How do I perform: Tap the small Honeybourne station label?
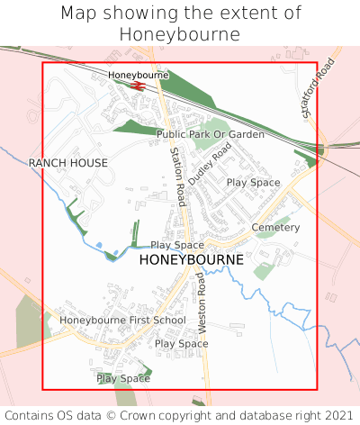pos(139,75)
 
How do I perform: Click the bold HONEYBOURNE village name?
pos(192,259)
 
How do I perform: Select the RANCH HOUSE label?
pos(68,163)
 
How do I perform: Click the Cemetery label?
pos(275,228)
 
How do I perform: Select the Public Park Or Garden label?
pos(211,134)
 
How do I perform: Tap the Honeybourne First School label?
pos(122,320)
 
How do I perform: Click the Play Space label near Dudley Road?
pos(253,182)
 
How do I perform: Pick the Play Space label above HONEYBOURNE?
pos(177,245)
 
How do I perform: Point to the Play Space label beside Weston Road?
pos(181,343)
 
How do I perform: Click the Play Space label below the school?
pos(123,379)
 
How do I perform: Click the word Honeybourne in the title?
pos(179,34)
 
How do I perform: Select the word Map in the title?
pos(81,14)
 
